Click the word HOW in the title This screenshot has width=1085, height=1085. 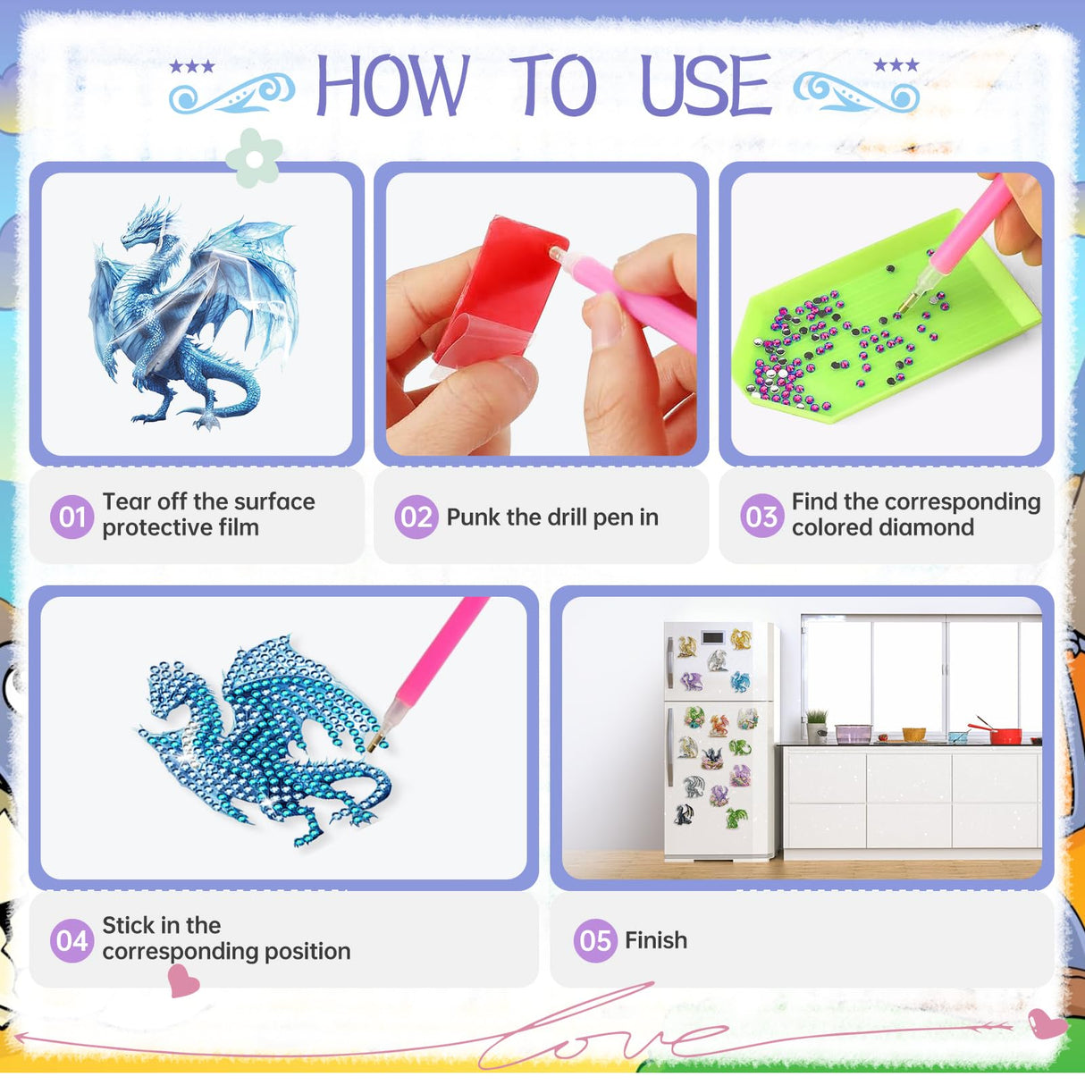pyautogui.click(x=392, y=86)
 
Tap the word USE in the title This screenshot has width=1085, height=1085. pyautogui.click(x=706, y=86)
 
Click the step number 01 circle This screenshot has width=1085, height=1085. pyautogui.click(x=71, y=517)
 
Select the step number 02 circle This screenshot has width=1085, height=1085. pyautogui.click(x=416, y=517)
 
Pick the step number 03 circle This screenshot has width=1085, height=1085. pyautogui.click(x=761, y=517)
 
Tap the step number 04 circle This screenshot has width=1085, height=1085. pyautogui.click(x=71, y=940)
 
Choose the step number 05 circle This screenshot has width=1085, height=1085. pyautogui.click(x=595, y=940)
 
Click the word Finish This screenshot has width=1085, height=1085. pyautogui.click(x=656, y=940)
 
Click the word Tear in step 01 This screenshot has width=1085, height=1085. pyautogui.click(x=126, y=501)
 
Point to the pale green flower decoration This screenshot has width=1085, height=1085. pyautogui.click(x=254, y=158)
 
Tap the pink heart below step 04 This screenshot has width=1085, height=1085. pyautogui.click(x=183, y=981)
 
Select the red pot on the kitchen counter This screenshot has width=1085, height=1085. pyautogui.click(x=1005, y=735)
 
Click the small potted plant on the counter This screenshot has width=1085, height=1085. pyautogui.click(x=816, y=725)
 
